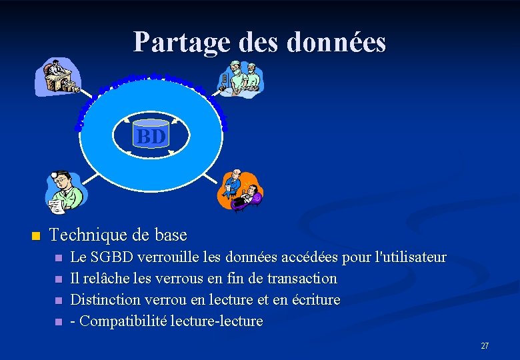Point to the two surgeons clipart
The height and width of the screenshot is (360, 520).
pos(241,79)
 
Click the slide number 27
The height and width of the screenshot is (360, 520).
pos(485,346)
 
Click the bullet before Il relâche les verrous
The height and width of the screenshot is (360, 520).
pos(58,279)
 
